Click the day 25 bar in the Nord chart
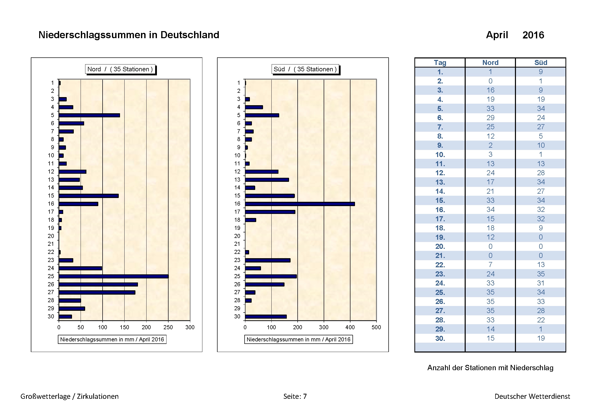[113, 276]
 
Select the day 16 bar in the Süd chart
[300, 204]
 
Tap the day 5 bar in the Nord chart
[89, 115]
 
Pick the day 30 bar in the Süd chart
[266, 317]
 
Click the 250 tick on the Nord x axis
[168, 327]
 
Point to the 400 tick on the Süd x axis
[350, 327]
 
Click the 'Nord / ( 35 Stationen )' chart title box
[120, 69]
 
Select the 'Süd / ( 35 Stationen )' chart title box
[305, 69]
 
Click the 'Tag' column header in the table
[440, 62]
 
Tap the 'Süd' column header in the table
[540, 62]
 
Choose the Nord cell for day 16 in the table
[490, 210]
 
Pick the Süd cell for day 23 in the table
[540, 274]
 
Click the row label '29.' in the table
[440, 329]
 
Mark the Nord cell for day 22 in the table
[490, 265]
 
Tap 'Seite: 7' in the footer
[295, 396]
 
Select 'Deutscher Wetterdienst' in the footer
[532, 396]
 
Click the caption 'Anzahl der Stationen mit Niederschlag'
[490, 368]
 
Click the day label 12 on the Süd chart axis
[237, 172]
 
